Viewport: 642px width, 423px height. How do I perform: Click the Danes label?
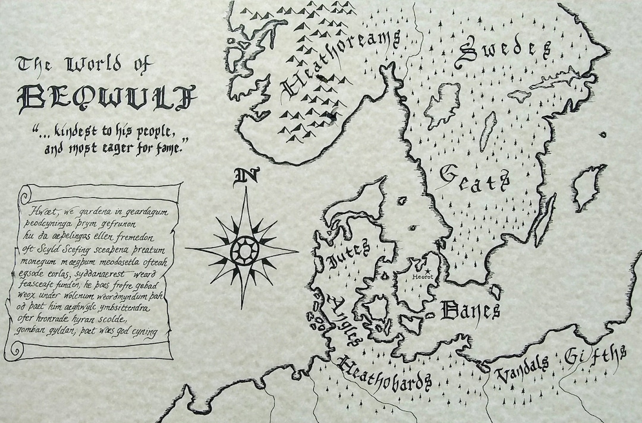pyautogui.click(x=470, y=310)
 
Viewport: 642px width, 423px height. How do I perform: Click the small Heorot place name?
pyautogui.click(x=424, y=276)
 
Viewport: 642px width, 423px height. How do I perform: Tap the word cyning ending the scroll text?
pyautogui.click(x=143, y=331)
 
